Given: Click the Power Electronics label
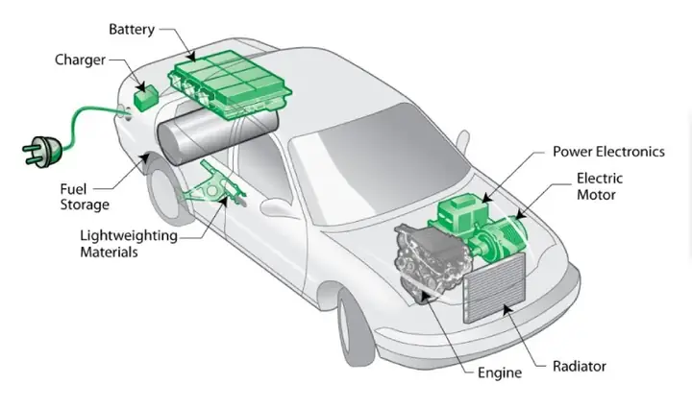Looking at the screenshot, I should click(608, 152).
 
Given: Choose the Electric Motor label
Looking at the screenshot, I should click(600, 186).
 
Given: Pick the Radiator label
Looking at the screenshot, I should click(579, 367).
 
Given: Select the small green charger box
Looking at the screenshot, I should click(147, 96).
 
